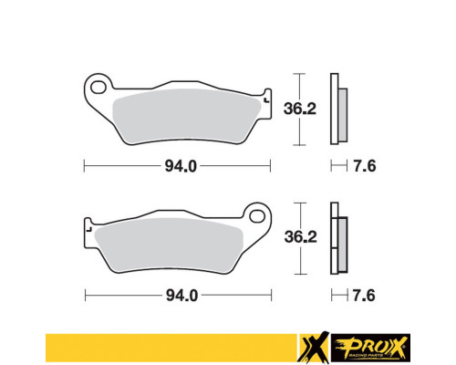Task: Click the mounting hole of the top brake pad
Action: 98,87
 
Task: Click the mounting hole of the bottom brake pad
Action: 257,216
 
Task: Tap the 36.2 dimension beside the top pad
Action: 300,109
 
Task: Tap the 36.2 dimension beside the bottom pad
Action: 300,237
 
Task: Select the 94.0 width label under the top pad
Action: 181,166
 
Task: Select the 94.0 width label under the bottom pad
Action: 181,296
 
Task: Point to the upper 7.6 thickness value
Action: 365,166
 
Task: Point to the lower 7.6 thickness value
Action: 364,296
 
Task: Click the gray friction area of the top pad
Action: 185,116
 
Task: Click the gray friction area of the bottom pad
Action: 169,245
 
